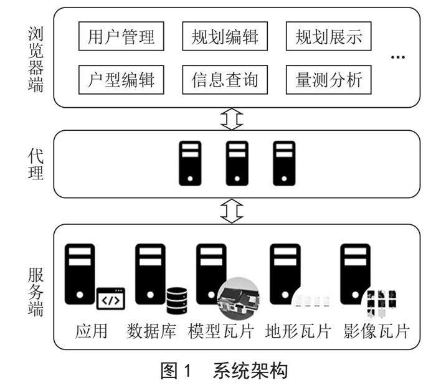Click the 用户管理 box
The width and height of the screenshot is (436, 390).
(x=121, y=37)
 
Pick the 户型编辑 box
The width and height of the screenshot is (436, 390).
(x=121, y=80)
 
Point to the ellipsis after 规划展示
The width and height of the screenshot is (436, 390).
(x=397, y=58)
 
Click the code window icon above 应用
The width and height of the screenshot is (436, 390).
(x=110, y=300)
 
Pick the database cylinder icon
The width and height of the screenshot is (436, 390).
(x=176, y=300)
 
